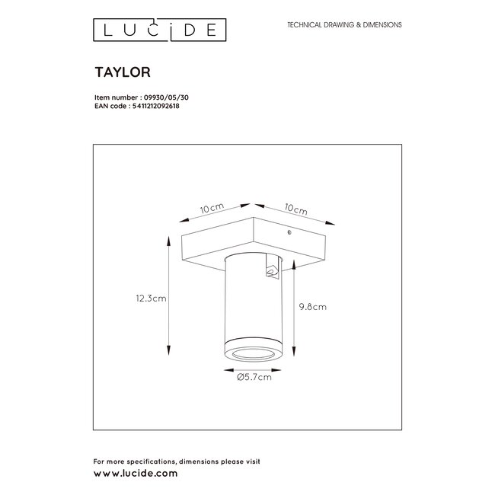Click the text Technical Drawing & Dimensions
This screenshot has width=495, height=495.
(x=344, y=25)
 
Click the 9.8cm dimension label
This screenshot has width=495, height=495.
(x=312, y=307)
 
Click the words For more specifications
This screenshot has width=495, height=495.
(x=128, y=461)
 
